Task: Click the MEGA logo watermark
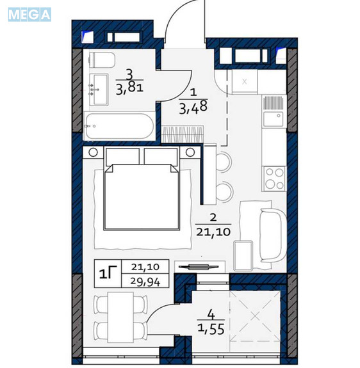click(29, 15)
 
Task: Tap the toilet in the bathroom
click(102, 60)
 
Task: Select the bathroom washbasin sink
click(99, 90)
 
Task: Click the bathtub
click(119, 126)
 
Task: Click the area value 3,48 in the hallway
click(193, 108)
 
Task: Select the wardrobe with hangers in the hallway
click(183, 134)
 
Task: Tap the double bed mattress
click(142, 196)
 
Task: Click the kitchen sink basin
click(273, 119)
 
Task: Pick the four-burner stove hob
click(274, 179)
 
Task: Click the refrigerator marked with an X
click(245, 81)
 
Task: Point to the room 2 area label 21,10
click(213, 232)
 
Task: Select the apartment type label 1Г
click(108, 274)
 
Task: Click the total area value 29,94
click(145, 282)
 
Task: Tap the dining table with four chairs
click(120, 317)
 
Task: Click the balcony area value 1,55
click(211, 329)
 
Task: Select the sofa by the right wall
click(273, 236)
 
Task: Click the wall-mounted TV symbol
click(199, 267)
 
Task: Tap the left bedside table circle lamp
click(94, 152)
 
